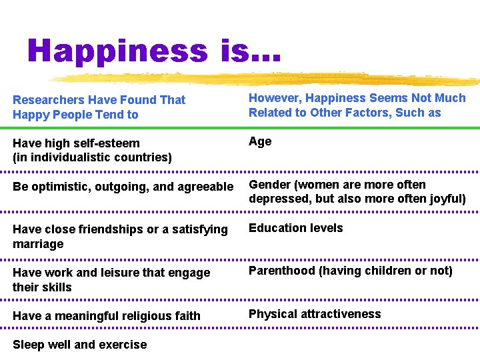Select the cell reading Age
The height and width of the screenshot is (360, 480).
tap(260, 141)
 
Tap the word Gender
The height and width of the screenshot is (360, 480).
tap(271, 185)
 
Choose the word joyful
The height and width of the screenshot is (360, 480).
tap(447, 199)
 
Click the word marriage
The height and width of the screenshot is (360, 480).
tap(38, 244)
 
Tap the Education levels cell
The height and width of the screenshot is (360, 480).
tap(296, 228)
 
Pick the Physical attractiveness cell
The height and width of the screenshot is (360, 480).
tap(315, 314)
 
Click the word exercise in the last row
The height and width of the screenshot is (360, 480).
tap(123, 345)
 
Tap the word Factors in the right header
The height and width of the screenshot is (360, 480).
tap(367, 113)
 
